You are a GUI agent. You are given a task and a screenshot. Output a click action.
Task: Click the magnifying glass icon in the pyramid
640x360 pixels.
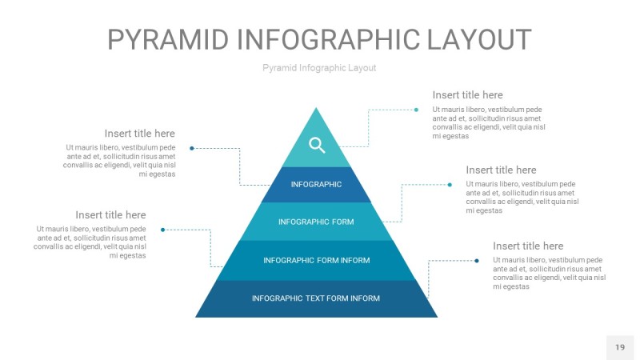pos(317,145)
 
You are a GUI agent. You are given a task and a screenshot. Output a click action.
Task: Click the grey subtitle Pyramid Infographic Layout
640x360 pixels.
pos(319,68)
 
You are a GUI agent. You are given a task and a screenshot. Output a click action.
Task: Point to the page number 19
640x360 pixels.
pos(619,347)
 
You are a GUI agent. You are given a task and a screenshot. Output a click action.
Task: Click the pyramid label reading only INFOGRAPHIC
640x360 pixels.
pos(316,185)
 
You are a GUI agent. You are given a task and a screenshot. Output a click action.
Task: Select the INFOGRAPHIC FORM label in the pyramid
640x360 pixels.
pos(316,222)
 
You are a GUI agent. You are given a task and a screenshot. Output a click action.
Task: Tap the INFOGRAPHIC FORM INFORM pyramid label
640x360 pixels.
pos(316,260)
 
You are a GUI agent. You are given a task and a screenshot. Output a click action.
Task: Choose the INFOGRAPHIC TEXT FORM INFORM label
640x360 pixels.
pos(316,298)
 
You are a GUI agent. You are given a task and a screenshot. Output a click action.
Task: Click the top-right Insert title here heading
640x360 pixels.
pos(467,95)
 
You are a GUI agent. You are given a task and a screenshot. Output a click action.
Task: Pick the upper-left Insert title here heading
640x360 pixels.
pos(139,134)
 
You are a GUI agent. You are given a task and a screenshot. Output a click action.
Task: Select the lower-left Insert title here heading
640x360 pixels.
pos(110,215)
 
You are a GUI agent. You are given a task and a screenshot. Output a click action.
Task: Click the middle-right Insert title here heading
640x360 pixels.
pos(501,170)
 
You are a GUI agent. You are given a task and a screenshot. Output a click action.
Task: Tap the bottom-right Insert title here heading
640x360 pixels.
pos(528,246)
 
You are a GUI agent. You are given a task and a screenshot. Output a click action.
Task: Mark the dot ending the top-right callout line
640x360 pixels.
pos(416,110)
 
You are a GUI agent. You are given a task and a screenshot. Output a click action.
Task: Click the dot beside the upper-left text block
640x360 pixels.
pos(192,148)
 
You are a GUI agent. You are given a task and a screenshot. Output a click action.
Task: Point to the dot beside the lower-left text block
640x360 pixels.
pos(163,230)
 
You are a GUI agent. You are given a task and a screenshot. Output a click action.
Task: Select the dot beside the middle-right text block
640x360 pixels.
pos(450,185)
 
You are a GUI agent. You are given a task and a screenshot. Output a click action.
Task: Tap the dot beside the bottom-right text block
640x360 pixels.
pos(477,260)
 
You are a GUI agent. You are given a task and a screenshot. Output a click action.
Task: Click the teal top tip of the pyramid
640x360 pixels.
pos(317,120)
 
